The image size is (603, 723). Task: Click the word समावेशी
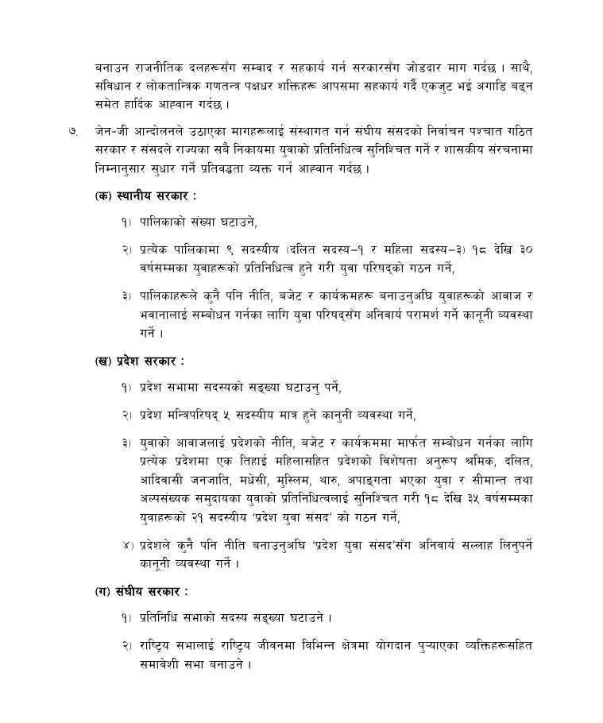[164, 663]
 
